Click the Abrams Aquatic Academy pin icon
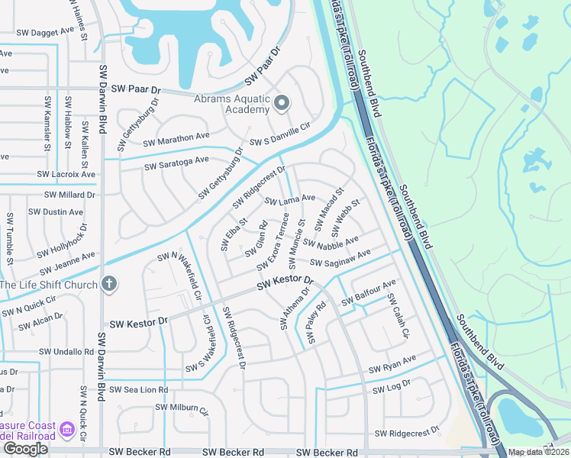(281, 103)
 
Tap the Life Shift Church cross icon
(109, 285)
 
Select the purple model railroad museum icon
(67, 430)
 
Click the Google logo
(25, 449)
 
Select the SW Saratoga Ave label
(176, 162)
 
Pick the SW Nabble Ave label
(331, 242)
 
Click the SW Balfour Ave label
(369, 293)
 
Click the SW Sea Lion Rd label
(138, 389)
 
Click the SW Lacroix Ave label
(66, 174)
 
